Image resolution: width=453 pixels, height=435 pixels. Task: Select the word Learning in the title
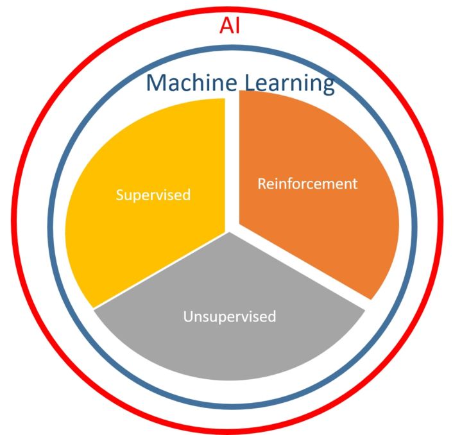click(x=289, y=84)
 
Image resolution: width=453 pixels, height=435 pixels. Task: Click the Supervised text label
click(x=153, y=194)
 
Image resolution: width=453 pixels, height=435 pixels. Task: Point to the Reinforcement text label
click(x=307, y=183)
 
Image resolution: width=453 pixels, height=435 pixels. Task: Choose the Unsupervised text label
click(x=229, y=316)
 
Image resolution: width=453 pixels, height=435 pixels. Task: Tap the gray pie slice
click(x=229, y=346)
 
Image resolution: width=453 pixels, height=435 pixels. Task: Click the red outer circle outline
click(x=14, y=218)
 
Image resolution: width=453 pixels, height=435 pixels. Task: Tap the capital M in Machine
click(x=157, y=83)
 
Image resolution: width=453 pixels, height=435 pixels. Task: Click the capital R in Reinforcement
click(x=262, y=183)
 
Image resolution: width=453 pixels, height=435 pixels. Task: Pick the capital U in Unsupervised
click(x=187, y=316)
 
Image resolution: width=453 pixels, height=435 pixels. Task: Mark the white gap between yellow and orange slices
click(x=232, y=160)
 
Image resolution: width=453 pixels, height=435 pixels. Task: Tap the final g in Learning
click(x=327, y=86)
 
